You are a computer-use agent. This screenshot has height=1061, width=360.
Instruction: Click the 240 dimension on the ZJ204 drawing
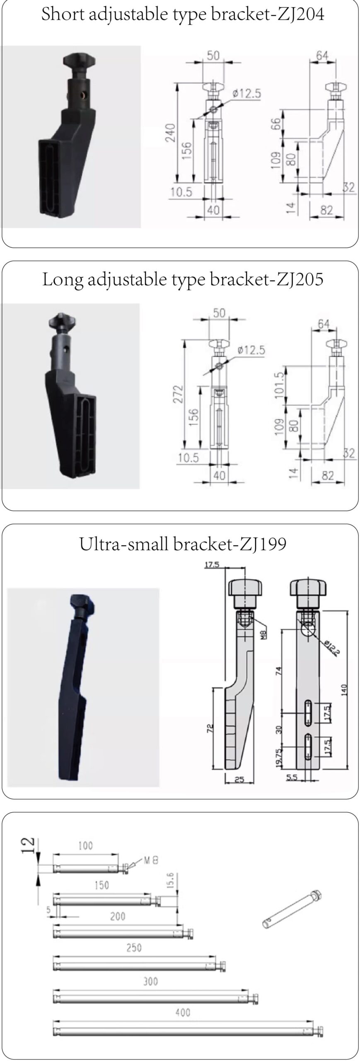[170, 133]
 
